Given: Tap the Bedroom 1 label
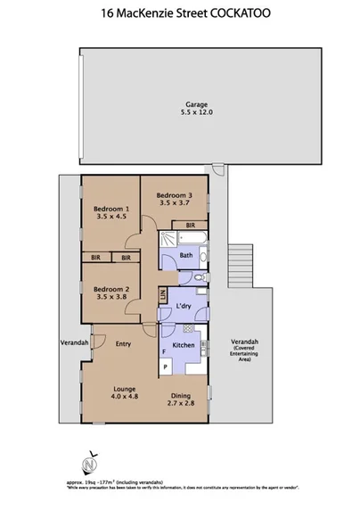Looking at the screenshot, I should [111, 211].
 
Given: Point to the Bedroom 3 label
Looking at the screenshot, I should [174, 200].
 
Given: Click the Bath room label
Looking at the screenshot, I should [186, 255].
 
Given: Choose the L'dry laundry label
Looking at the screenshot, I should [184, 307].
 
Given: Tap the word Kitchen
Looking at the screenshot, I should [183, 344].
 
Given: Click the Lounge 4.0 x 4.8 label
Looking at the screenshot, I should [124, 393].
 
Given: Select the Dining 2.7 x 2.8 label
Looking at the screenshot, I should [181, 400].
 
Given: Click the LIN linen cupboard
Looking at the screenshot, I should [163, 297].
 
